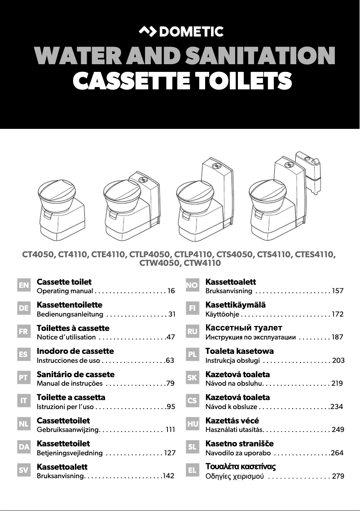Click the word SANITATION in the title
[260, 56]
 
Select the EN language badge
[24, 285]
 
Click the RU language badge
[192, 331]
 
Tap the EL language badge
[192, 470]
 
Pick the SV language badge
[24, 470]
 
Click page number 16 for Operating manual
[171, 291]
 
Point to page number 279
[338, 476]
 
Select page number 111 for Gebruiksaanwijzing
[171, 430]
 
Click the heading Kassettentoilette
[70, 305]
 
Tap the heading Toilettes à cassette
[73, 328]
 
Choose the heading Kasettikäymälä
[236, 305]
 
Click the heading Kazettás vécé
[232, 420]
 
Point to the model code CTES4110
[315, 254]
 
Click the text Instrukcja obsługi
[233, 361]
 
